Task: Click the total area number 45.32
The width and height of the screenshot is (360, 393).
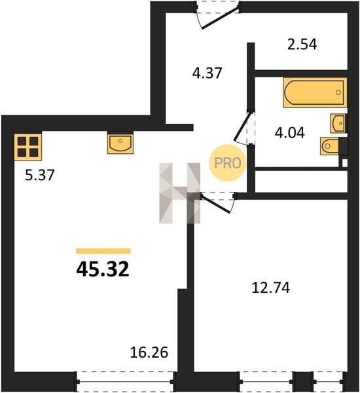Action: pos(103,269)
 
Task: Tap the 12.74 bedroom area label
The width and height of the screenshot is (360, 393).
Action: pos(271,288)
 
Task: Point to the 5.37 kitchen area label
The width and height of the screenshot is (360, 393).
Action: pos(39,175)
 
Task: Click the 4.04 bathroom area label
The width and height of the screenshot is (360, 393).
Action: pos(289,133)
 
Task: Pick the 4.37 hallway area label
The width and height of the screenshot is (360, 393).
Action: pos(207,73)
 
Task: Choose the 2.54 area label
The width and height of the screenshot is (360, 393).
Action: pos(302,45)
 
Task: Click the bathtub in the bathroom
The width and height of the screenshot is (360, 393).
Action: pos(315,92)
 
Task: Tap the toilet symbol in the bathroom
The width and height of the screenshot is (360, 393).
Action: pos(330,146)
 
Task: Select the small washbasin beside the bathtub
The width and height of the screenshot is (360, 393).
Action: pos(338,123)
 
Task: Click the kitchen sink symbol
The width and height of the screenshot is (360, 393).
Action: pos(120,143)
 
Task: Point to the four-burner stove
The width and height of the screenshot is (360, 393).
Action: pos(27,147)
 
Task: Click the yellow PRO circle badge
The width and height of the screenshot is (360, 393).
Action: pos(228,163)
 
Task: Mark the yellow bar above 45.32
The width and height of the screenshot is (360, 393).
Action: pos(103,251)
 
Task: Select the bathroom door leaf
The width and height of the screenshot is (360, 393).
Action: pos(242,127)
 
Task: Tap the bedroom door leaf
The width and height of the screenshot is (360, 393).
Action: pos(216,204)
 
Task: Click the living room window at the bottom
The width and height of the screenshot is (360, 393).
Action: pos(125,381)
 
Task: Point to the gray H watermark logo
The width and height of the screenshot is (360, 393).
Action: pos(180,193)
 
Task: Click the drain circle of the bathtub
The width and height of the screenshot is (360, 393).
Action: pos(338,92)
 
